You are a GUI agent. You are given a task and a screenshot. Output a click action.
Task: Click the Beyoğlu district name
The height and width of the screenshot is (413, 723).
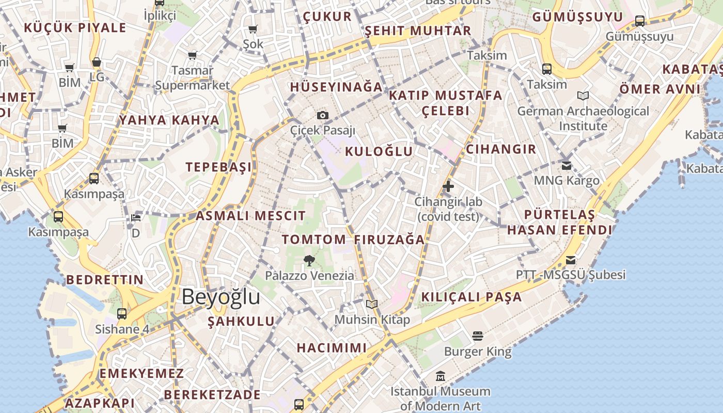click(x=221, y=297)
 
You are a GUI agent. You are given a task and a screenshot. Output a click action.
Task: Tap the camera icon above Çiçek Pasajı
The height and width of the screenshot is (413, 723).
click(x=323, y=115)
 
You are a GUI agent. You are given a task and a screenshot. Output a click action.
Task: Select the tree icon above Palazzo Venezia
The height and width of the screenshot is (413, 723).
click(x=309, y=260)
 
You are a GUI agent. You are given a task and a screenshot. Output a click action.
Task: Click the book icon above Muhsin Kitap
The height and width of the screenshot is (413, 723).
click(x=372, y=305)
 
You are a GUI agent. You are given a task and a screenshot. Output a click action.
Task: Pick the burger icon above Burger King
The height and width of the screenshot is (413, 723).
click(x=478, y=337)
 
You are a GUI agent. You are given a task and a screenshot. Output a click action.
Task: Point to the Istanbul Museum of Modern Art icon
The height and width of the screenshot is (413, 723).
click(x=440, y=376)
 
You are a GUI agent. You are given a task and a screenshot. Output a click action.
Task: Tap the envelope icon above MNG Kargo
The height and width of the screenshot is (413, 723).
click(x=567, y=166)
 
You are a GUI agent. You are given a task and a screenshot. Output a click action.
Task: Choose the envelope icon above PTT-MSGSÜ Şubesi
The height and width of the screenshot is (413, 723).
click(x=571, y=260)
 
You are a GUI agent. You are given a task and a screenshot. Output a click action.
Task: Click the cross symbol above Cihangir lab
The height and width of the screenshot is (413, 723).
click(x=448, y=186)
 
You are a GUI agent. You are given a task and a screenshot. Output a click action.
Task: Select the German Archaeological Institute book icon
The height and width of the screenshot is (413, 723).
click(x=583, y=96)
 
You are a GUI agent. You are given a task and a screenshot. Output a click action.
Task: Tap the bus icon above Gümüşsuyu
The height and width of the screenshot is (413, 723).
click(x=640, y=21)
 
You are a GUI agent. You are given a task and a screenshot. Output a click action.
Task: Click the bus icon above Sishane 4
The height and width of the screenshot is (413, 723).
click(x=122, y=313)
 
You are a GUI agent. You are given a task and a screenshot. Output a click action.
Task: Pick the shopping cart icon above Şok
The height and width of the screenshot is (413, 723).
click(x=253, y=29)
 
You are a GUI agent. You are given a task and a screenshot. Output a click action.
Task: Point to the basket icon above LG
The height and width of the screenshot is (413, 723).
click(x=97, y=62)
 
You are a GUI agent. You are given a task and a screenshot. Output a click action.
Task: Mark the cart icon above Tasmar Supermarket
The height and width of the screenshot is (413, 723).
click(x=192, y=55)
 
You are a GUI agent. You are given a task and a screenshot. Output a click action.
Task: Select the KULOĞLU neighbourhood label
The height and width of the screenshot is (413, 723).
click(x=379, y=151)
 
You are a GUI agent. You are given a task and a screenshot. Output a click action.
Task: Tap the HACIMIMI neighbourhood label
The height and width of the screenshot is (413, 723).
click(x=332, y=348)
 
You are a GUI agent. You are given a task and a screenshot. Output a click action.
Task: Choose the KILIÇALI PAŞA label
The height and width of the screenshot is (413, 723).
click(x=471, y=297)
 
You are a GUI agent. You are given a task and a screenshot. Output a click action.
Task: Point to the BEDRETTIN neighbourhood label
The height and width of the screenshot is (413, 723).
click(x=105, y=280)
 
